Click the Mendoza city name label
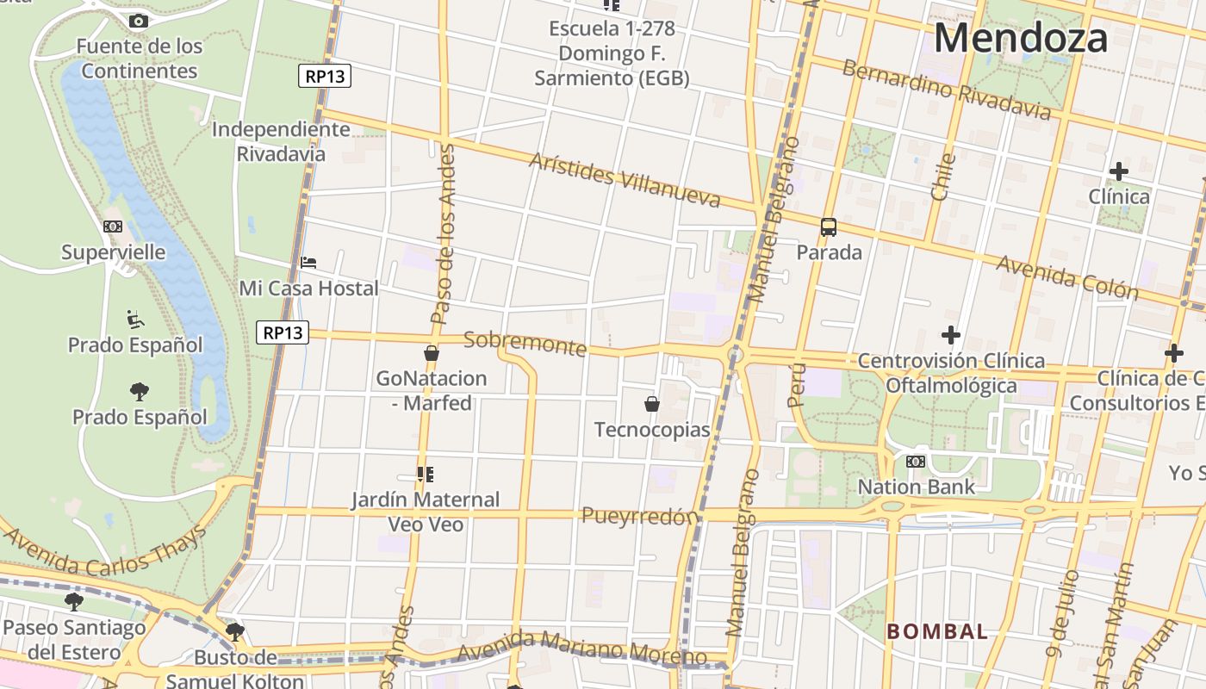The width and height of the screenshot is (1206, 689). (x=1021, y=39)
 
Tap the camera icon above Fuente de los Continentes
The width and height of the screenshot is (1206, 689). (x=138, y=21)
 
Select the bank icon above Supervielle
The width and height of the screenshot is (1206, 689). (x=113, y=227)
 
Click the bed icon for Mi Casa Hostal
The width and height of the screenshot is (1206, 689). (x=308, y=262)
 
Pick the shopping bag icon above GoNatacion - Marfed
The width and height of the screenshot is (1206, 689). (x=432, y=353)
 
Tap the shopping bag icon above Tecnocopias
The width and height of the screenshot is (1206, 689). (x=652, y=403)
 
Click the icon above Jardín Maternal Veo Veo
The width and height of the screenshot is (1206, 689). (x=425, y=474)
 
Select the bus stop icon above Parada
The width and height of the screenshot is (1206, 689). (x=829, y=227)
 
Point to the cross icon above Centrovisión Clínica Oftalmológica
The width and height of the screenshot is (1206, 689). (x=951, y=334)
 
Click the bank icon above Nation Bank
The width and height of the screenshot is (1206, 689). (x=916, y=462)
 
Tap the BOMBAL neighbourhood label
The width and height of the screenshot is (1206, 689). (x=937, y=631)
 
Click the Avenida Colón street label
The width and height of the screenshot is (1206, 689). (x=1067, y=276)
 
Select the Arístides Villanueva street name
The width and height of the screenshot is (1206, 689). (x=625, y=180)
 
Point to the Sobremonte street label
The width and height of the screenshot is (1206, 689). (x=525, y=344)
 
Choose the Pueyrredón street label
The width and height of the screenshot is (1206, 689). (x=639, y=517)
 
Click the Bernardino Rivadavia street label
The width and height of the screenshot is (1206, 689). (x=947, y=90)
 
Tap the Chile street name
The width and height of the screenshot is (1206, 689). (x=943, y=177)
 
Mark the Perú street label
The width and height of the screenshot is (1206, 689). (x=797, y=384)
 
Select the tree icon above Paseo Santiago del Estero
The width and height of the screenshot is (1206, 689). (x=74, y=600)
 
